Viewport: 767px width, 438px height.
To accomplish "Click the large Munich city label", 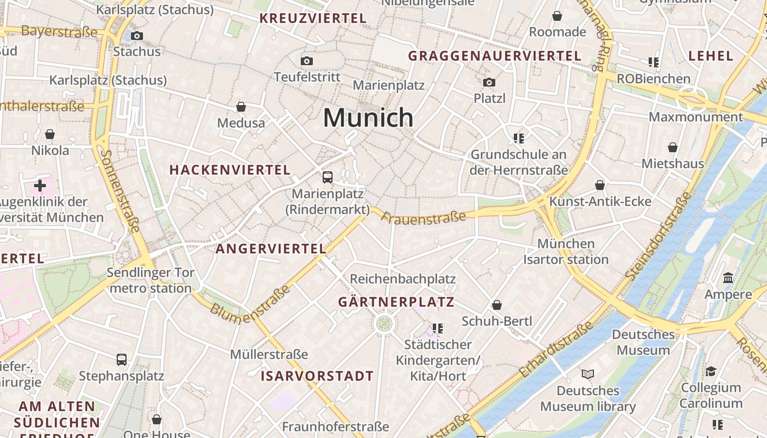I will click(368, 118).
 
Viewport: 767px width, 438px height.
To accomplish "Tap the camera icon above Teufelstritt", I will click(307, 61).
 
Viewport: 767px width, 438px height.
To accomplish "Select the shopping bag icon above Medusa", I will click(241, 107).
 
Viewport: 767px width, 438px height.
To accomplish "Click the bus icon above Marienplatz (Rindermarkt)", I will click(327, 177).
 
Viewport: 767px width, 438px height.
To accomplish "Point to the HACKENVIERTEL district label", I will click(230, 170).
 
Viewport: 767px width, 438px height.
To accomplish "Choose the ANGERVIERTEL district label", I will click(271, 249).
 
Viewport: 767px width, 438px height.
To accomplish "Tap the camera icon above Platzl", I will click(489, 83).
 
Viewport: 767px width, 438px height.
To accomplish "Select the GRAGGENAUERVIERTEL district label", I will click(494, 56).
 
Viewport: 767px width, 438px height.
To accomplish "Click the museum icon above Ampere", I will click(728, 278).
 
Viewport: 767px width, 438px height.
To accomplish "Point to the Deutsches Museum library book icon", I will click(588, 374).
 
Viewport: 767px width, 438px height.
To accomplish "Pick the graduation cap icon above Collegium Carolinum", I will click(711, 371).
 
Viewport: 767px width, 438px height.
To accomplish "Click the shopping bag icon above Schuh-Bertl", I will click(497, 305).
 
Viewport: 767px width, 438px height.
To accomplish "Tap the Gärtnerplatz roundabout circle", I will click(384, 323).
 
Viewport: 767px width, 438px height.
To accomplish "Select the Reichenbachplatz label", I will click(403, 279).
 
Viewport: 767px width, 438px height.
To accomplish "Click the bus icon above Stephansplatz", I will click(122, 360).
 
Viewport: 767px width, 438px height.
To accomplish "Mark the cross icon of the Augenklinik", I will click(39, 186).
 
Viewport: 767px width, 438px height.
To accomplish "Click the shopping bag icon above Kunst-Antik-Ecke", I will click(600, 185).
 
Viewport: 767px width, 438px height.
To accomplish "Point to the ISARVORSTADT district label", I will click(317, 376).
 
